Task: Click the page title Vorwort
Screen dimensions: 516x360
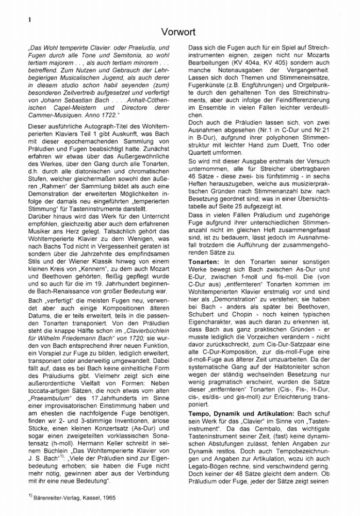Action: click(x=180, y=32)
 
